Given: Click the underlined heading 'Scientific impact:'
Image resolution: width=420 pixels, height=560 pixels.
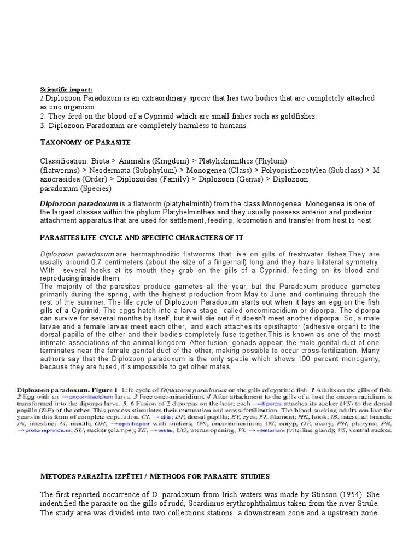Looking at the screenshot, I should (66, 89).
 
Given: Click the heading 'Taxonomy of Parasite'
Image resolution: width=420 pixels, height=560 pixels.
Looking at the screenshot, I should (85, 142).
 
